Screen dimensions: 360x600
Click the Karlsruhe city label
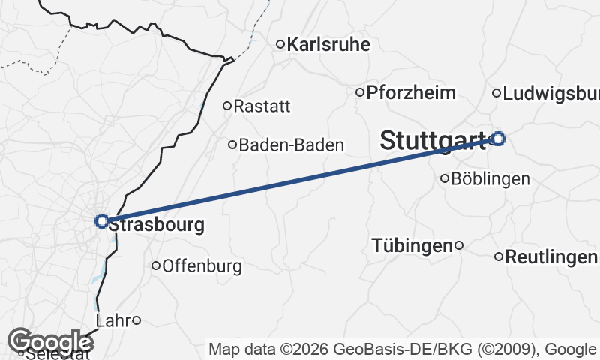click(328, 45)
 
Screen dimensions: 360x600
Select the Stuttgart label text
click(433, 140)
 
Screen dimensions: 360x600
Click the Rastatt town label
click(262, 106)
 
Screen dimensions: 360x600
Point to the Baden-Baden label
click(291, 145)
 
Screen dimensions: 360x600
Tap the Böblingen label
click(490, 179)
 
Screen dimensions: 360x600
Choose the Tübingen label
click(412, 245)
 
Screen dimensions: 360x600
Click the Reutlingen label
click(551, 257)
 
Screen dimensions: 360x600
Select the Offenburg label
click(202, 265)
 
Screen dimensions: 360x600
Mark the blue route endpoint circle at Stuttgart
click(497, 138)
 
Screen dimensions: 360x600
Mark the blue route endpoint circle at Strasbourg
click(101, 221)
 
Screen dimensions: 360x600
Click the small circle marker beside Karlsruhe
click(280, 44)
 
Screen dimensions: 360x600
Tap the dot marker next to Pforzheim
click(360, 92)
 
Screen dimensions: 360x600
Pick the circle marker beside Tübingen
click(459, 244)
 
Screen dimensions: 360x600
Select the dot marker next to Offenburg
click(156, 265)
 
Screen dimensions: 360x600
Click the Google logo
click(51, 341)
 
